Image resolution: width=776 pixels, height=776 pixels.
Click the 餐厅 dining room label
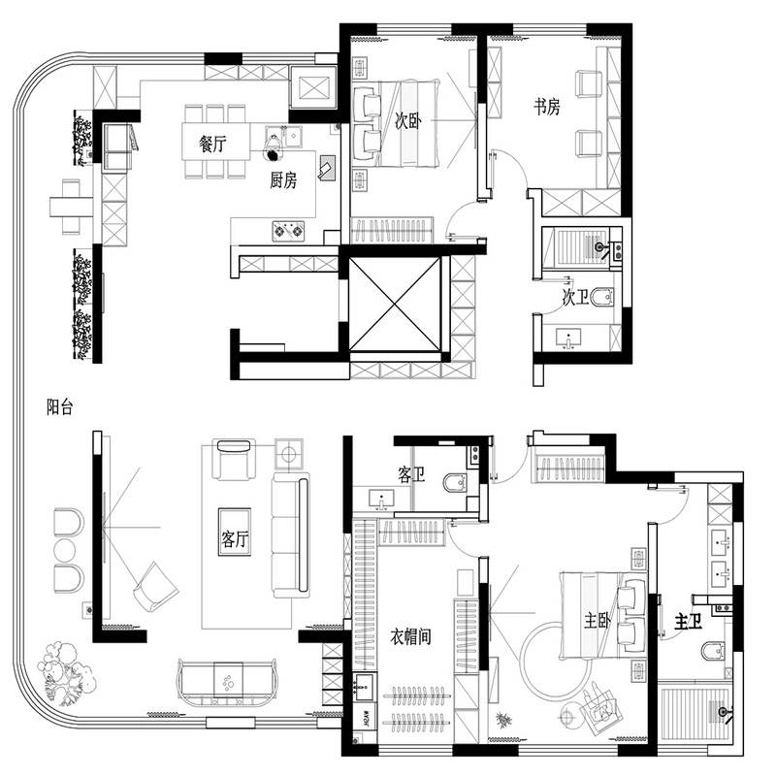(212, 145)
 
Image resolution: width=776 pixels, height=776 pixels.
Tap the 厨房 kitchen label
(283, 180)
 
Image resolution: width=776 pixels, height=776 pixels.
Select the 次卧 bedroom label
(408, 120)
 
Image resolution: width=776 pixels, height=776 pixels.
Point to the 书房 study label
(547, 107)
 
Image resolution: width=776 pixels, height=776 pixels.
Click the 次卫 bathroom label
(575, 298)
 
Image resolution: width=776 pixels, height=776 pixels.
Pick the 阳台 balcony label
(60, 407)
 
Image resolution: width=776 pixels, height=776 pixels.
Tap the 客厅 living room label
(235, 538)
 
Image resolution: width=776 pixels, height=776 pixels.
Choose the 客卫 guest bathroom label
(411, 475)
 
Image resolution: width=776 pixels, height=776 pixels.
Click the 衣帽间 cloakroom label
(410, 637)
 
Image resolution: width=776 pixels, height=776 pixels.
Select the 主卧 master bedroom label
(598, 621)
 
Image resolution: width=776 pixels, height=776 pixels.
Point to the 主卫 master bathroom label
(689, 622)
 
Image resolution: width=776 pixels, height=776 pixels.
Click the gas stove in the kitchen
(288, 231)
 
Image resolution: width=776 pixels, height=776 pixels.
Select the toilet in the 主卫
(713, 650)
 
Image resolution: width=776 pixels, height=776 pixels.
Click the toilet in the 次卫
(601, 298)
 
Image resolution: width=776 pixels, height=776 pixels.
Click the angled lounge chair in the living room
(155, 587)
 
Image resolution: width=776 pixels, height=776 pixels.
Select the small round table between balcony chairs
(66, 549)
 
